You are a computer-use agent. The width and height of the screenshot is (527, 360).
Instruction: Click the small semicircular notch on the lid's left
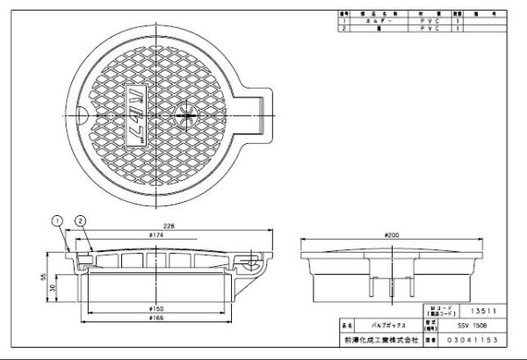click(77, 112)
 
